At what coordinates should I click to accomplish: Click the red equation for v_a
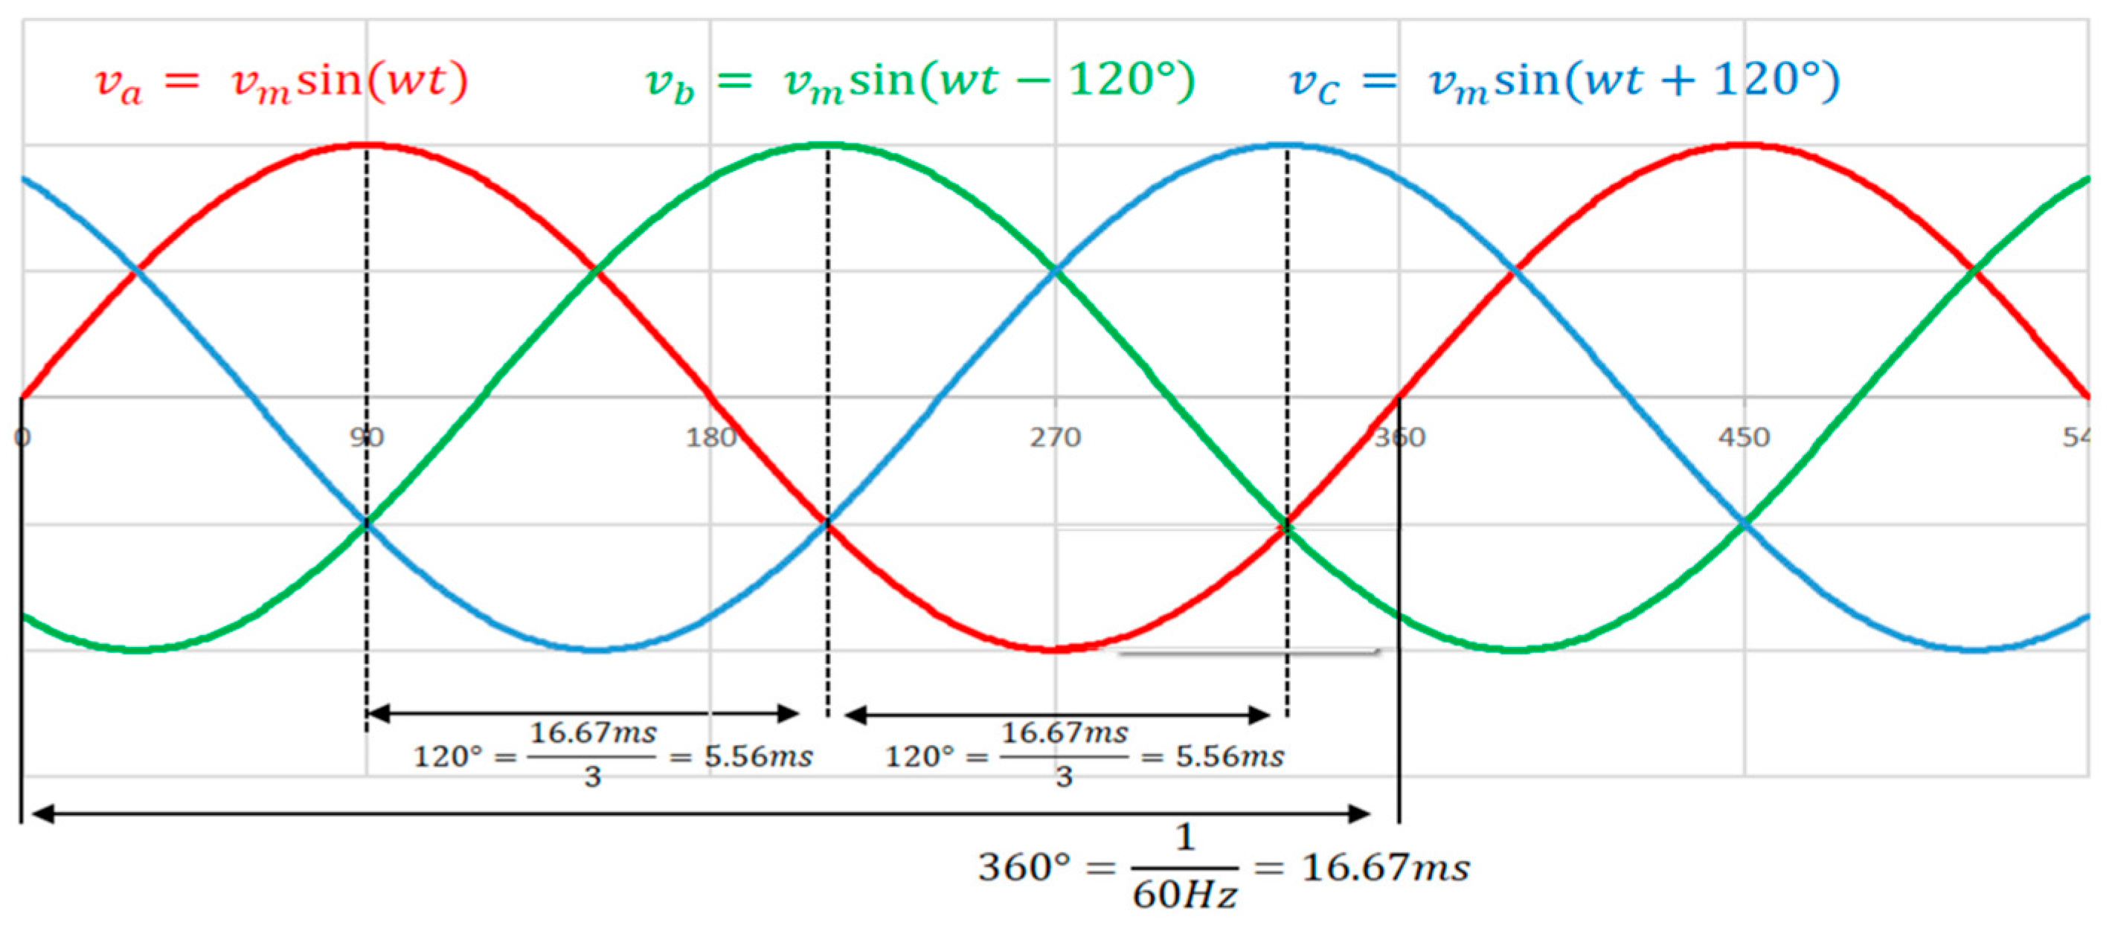coord(280,83)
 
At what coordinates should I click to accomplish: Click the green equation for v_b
coord(919,83)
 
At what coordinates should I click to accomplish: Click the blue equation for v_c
coord(1564,83)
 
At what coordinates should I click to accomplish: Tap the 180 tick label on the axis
coord(710,438)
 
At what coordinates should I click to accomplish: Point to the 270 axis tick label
coord(1056,438)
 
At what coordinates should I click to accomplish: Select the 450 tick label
coord(1744,438)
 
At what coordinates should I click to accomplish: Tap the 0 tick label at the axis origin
coord(22,438)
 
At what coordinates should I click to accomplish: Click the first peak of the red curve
coord(366,146)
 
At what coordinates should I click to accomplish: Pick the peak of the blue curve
coord(1286,146)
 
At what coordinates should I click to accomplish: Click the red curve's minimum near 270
coord(1056,649)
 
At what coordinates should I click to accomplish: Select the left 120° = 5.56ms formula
coord(612,755)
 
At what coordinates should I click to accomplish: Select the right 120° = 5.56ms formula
coord(1084,755)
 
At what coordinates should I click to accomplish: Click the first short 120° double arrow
coord(583,714)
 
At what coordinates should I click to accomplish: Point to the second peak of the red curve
coord(1744,146)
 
